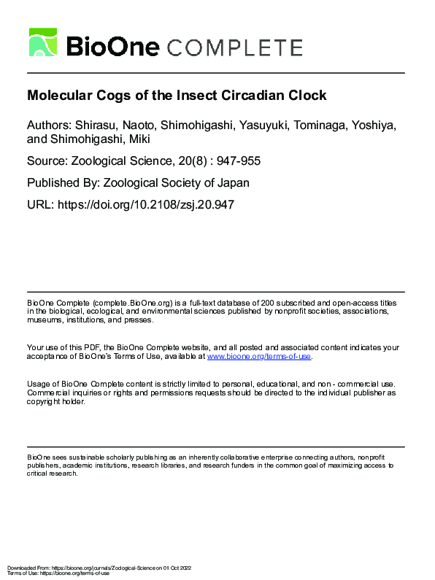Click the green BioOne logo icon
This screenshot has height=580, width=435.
[x=43, y=42]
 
